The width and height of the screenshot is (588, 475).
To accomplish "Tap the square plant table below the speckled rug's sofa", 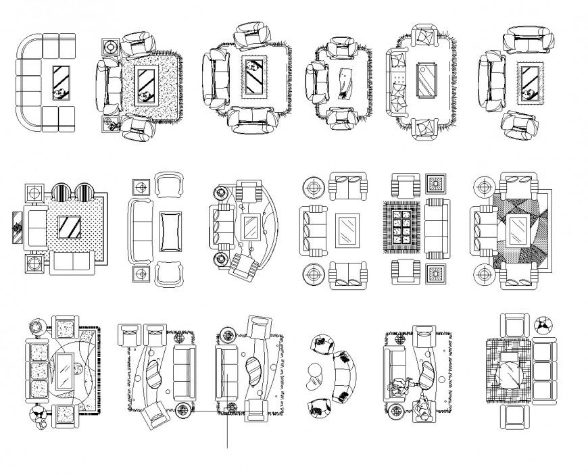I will (x=109, y=124).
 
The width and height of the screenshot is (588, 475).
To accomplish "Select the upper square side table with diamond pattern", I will (x=435, y=184).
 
